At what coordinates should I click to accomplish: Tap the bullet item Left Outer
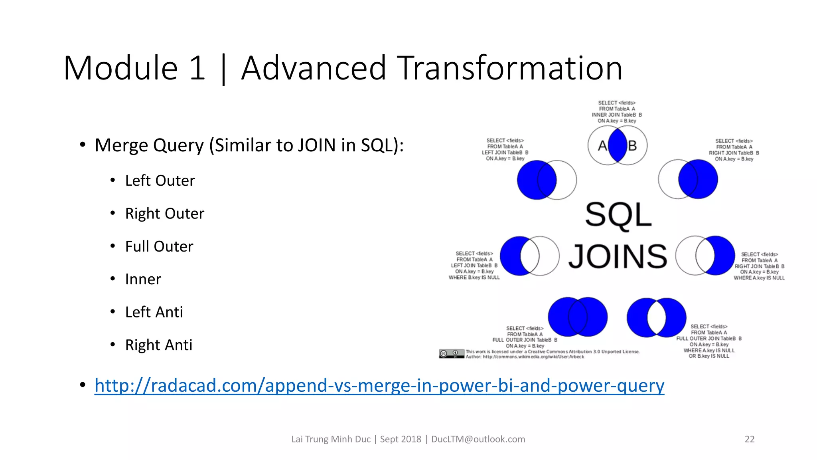[x=160, y=180]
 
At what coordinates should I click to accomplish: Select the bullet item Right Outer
[x=164, y=214]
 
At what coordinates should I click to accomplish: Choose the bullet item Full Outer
[x=159, y=246]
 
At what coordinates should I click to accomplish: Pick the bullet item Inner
[x=143, y=279]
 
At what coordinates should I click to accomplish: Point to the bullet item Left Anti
[x=154, y=312]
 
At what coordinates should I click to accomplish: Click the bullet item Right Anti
[x=158, y=345]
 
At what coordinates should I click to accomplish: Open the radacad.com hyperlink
[x=379, y=385]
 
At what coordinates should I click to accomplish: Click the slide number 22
[x=749, y=439]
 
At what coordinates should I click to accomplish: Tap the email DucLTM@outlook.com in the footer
[x=478, y=439]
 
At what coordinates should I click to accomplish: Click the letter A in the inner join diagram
[x=602, y=146]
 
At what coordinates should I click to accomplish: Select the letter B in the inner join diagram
[x=632, y=146]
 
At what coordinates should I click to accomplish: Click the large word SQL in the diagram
[x=618, y=215]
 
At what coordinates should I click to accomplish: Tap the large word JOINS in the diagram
[x=618, y=256]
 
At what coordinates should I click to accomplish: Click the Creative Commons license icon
[x=451, y=353]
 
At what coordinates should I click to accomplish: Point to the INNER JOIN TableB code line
[x=616, y=115]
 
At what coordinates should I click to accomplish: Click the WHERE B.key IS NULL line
[x=474, y=278]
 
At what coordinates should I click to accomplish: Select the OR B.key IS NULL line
[x=708, y=356]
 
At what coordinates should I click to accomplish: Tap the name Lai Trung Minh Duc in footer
[x=331, y=439]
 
